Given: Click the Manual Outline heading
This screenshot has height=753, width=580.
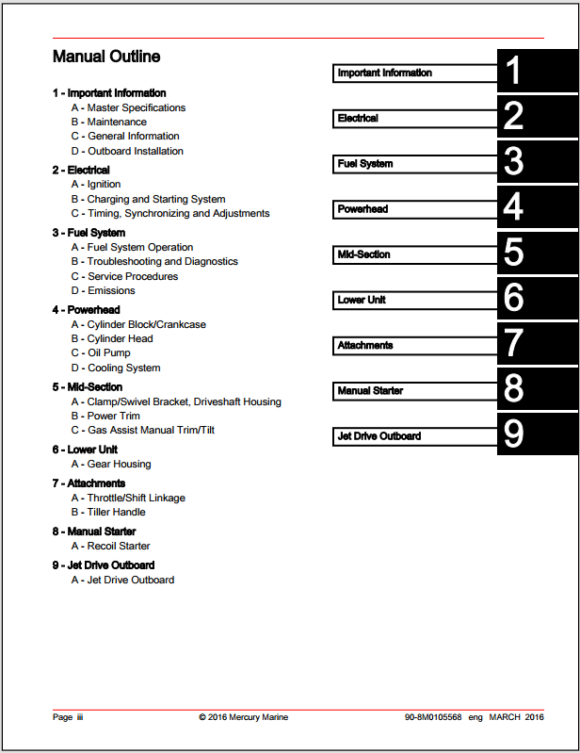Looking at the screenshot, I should click(106, 57).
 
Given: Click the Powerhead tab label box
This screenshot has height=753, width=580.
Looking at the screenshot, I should click(414, 209).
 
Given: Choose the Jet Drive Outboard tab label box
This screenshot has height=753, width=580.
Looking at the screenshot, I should click(414, 436).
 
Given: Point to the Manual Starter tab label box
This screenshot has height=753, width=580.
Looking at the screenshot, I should click(414, 390).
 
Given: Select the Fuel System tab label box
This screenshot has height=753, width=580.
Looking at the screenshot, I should click(414, 164).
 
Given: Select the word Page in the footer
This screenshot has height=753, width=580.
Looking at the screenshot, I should click(62, 717).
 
